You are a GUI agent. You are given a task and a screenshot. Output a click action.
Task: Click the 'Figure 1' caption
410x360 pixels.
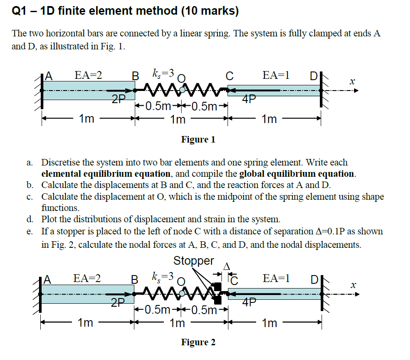(198, 139)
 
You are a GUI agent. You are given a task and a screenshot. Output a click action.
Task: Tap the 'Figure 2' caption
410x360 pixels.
(198, 342)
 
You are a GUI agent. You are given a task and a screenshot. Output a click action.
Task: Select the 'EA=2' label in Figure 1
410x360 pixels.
(88, 75)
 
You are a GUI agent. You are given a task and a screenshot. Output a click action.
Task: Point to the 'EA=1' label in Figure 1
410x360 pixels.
(276, 75)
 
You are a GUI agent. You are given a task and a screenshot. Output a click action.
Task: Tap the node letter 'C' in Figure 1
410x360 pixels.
(229, 76)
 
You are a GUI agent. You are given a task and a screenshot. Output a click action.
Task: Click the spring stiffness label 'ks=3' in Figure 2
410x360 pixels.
(163, 276)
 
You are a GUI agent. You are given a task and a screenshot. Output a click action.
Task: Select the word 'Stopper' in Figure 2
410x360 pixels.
(194, 261)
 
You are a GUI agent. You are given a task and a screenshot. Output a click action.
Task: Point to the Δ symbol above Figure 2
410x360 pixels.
(225, 265)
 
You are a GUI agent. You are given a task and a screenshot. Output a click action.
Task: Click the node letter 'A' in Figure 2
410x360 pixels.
(48, 279)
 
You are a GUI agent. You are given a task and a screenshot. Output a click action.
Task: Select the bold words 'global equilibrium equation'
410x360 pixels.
(297, 174)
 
